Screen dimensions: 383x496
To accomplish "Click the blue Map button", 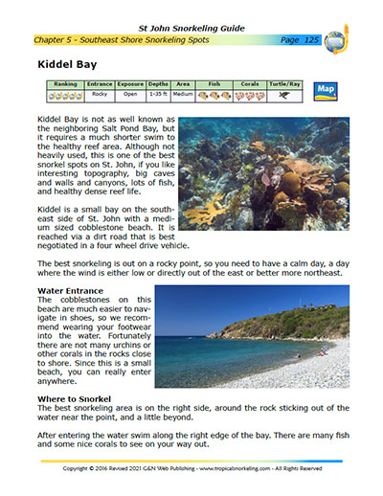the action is [327, 91].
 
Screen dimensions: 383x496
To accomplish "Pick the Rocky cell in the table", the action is [100, 96].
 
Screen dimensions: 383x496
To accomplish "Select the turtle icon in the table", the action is [284, 96].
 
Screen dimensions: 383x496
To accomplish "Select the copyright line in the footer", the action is [191, 470].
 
